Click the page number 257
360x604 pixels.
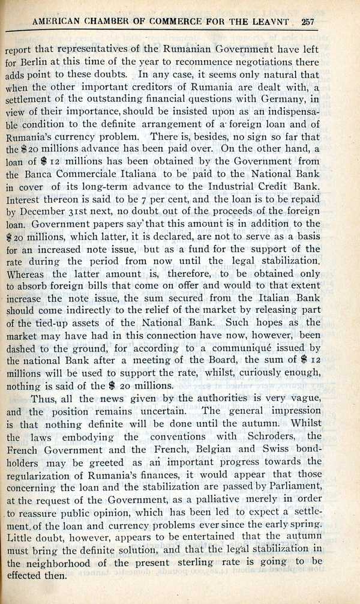pyautogui.click(x=308, y=23)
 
